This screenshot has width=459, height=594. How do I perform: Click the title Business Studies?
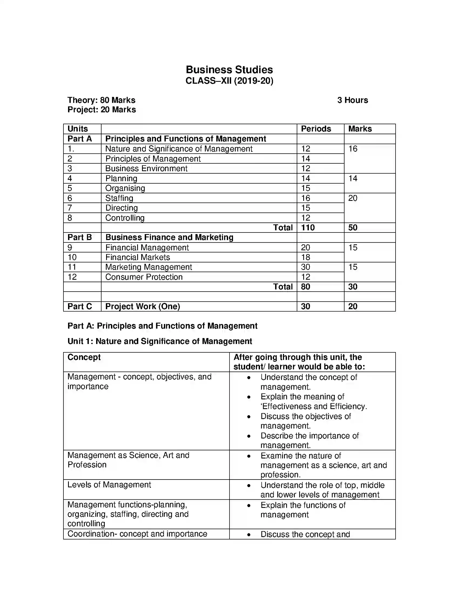[x=229, y=70]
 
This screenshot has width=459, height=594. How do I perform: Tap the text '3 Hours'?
[x=352, y=100]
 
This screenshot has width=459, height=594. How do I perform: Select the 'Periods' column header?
[x=316, y=129]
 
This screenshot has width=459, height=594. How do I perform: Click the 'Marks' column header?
[x=360, y=129]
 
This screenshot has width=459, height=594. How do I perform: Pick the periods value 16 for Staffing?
[x=305, y=198]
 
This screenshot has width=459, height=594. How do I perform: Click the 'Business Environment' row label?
[x=146, y=168]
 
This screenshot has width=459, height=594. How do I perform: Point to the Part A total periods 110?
[x=308, y=227]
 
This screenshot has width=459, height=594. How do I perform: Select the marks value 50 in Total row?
[x=353, y=227]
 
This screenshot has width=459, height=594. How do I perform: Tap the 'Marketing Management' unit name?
[x=148, y=267]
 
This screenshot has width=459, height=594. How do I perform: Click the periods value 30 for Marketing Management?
[x=305, y=267]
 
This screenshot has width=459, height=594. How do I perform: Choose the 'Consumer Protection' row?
[x=144, y=277]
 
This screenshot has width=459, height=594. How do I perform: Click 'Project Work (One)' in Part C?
[x=143, y=306]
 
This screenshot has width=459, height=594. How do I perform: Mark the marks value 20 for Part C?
[x=353, y=306]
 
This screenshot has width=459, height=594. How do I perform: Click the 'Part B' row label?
[x=80, y=237]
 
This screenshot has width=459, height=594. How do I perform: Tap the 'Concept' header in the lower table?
[x=84, y=357]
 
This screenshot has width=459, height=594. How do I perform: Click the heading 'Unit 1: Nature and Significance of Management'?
[x=160, y=341]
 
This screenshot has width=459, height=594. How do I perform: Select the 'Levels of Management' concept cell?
[x=109, y=484]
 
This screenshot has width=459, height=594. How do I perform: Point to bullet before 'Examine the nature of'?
[x=248, y=456]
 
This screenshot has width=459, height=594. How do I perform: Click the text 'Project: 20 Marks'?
[x=102, y=110]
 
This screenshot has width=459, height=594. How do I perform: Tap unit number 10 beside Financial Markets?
[x=72, y=257]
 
